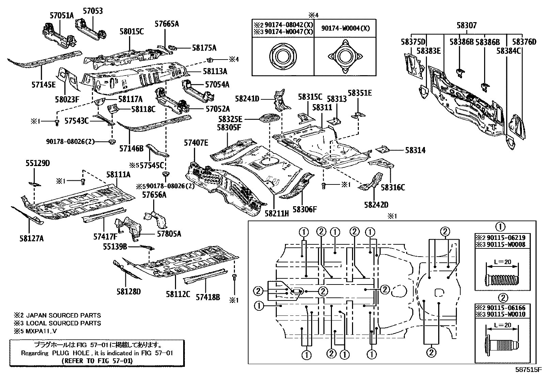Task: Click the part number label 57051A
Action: click(62, 15)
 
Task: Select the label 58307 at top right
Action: click(466, 25)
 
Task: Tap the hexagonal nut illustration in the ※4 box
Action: click(282, 56)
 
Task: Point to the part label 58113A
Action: click(215, 71)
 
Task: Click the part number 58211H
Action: click(277, 213)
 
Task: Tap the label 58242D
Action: click(376, 205)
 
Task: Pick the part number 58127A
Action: click(32, 239)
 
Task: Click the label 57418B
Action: click(208, 297)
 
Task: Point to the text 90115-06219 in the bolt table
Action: click(506, 238)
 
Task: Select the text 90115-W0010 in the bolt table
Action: click(506, 314)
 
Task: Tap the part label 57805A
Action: click(169, 234)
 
